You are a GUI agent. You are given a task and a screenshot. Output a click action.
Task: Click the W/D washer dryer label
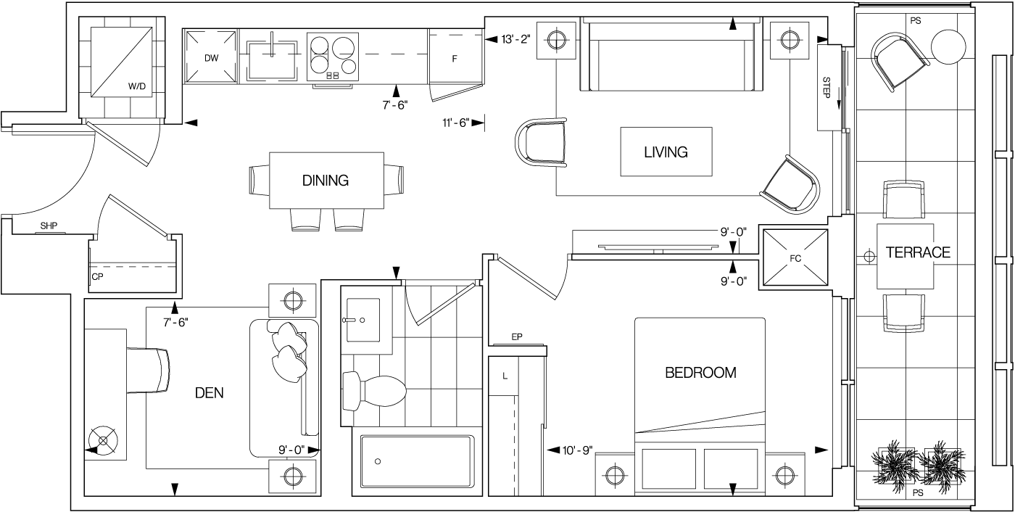(x=136, y=86)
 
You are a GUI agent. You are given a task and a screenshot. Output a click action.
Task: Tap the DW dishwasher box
(x=210, y=57)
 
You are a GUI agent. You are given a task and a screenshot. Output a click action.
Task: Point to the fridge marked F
(x=455, y=59)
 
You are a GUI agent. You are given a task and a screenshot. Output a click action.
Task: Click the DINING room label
(x=326, y=181)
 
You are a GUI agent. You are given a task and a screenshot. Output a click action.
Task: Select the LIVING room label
(x=666, y=152)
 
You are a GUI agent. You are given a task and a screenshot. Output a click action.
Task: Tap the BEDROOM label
(x=700, y=373)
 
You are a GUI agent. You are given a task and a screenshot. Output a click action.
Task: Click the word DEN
(x=209, y=393)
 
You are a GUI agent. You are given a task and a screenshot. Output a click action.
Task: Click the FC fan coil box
(x=795, y=258)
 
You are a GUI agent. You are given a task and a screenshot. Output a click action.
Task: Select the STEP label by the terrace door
(x=826, y=88)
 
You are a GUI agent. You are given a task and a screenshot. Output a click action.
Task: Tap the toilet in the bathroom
(x=374, y=392)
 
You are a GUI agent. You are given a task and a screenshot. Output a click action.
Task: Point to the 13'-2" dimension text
(x=516, y=39)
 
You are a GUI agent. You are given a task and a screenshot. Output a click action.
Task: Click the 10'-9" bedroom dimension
(x=578, y=450)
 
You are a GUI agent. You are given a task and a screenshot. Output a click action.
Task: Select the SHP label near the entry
(x=49, y=226)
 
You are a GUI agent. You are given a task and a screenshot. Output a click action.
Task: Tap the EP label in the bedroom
(x=517, y=337)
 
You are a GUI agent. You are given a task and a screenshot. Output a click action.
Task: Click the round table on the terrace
(x=948, y=46)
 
